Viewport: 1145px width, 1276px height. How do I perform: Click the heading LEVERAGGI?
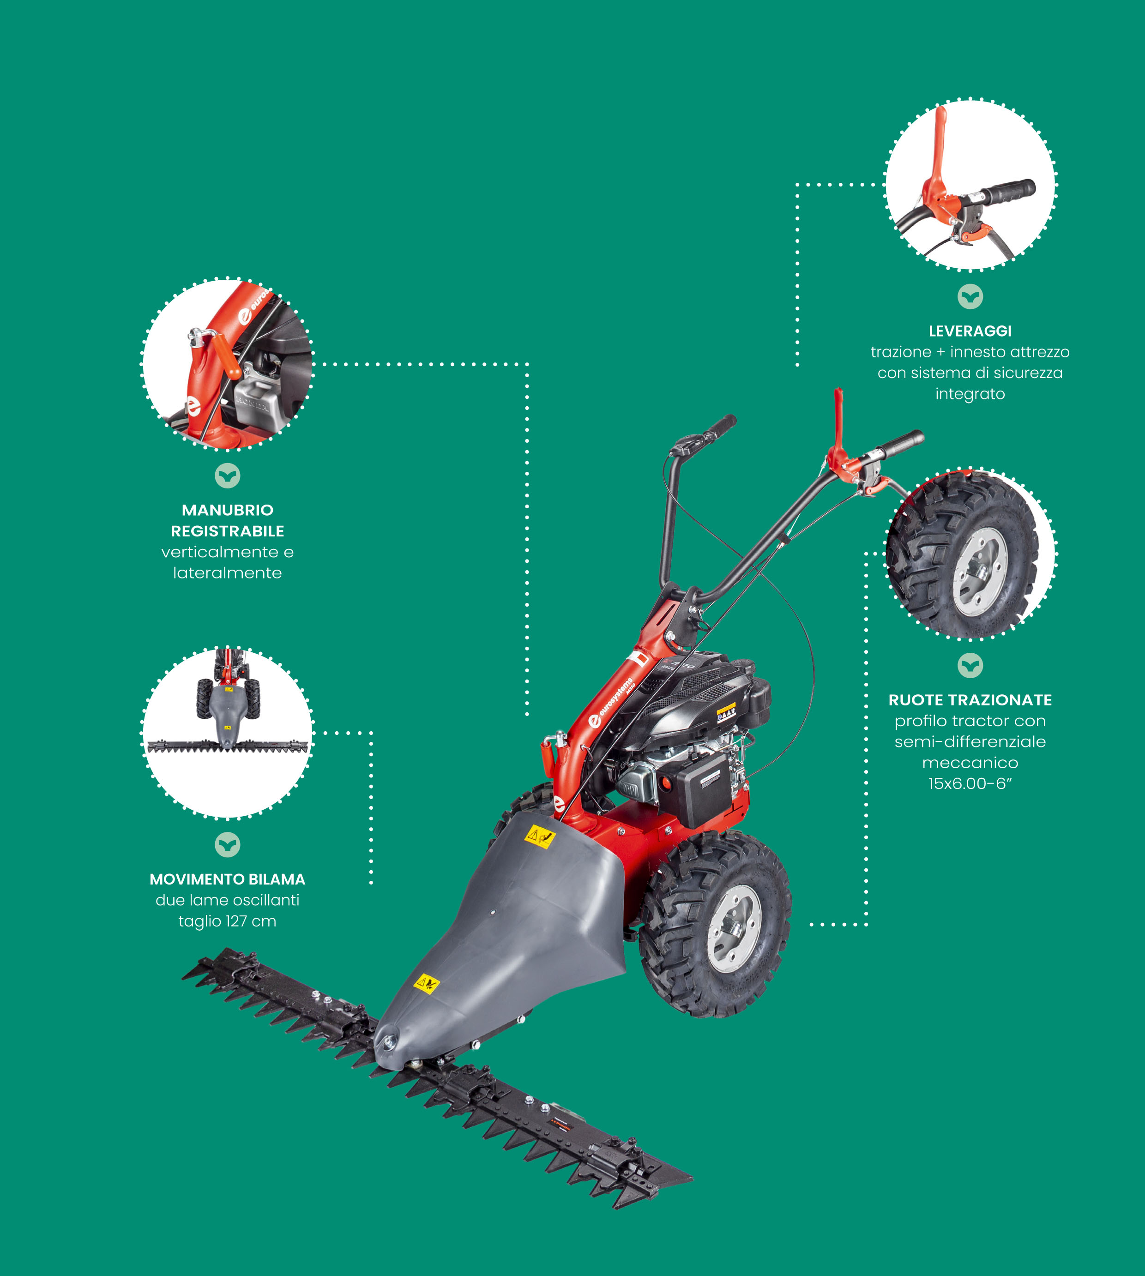pyautogui.click(x=970, y=331)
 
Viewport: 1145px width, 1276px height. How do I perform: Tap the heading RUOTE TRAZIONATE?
pyautogui.click(x=970, y=700)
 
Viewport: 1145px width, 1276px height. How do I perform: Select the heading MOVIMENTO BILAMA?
pyautogui.click(x=227, y=879)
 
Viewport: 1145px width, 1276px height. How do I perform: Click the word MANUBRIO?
pyautogui.click(x=228, y=510)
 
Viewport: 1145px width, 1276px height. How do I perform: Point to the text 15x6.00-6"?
pyautogui.click(x=970, y=783)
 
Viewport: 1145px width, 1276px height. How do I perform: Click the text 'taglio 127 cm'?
pyautogui.click(x=227, y=921)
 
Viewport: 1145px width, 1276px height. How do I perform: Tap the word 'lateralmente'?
pyautogui.click(x=227, y=572)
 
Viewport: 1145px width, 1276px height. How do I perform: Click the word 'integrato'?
pyautogui.click(x=970, y=394)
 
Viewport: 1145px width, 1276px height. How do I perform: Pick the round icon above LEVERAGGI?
pyautogui.click(x=970, y=296)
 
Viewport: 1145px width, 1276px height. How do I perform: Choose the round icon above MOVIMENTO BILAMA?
pyautogui.click(x=227, y=844)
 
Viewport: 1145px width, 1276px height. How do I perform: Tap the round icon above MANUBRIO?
pyautogui.click(x=227, y=475)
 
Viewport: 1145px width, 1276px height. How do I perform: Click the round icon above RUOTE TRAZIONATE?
pyautogui.click(x=970, y=665)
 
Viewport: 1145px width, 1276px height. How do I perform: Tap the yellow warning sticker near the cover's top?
pyautogui.click(x=540, y=836)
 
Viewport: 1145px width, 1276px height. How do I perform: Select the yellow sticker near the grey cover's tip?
pyautogui.click(x=427, y=983)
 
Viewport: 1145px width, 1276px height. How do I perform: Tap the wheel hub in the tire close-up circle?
pyautogui.click(x=980, y=572)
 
